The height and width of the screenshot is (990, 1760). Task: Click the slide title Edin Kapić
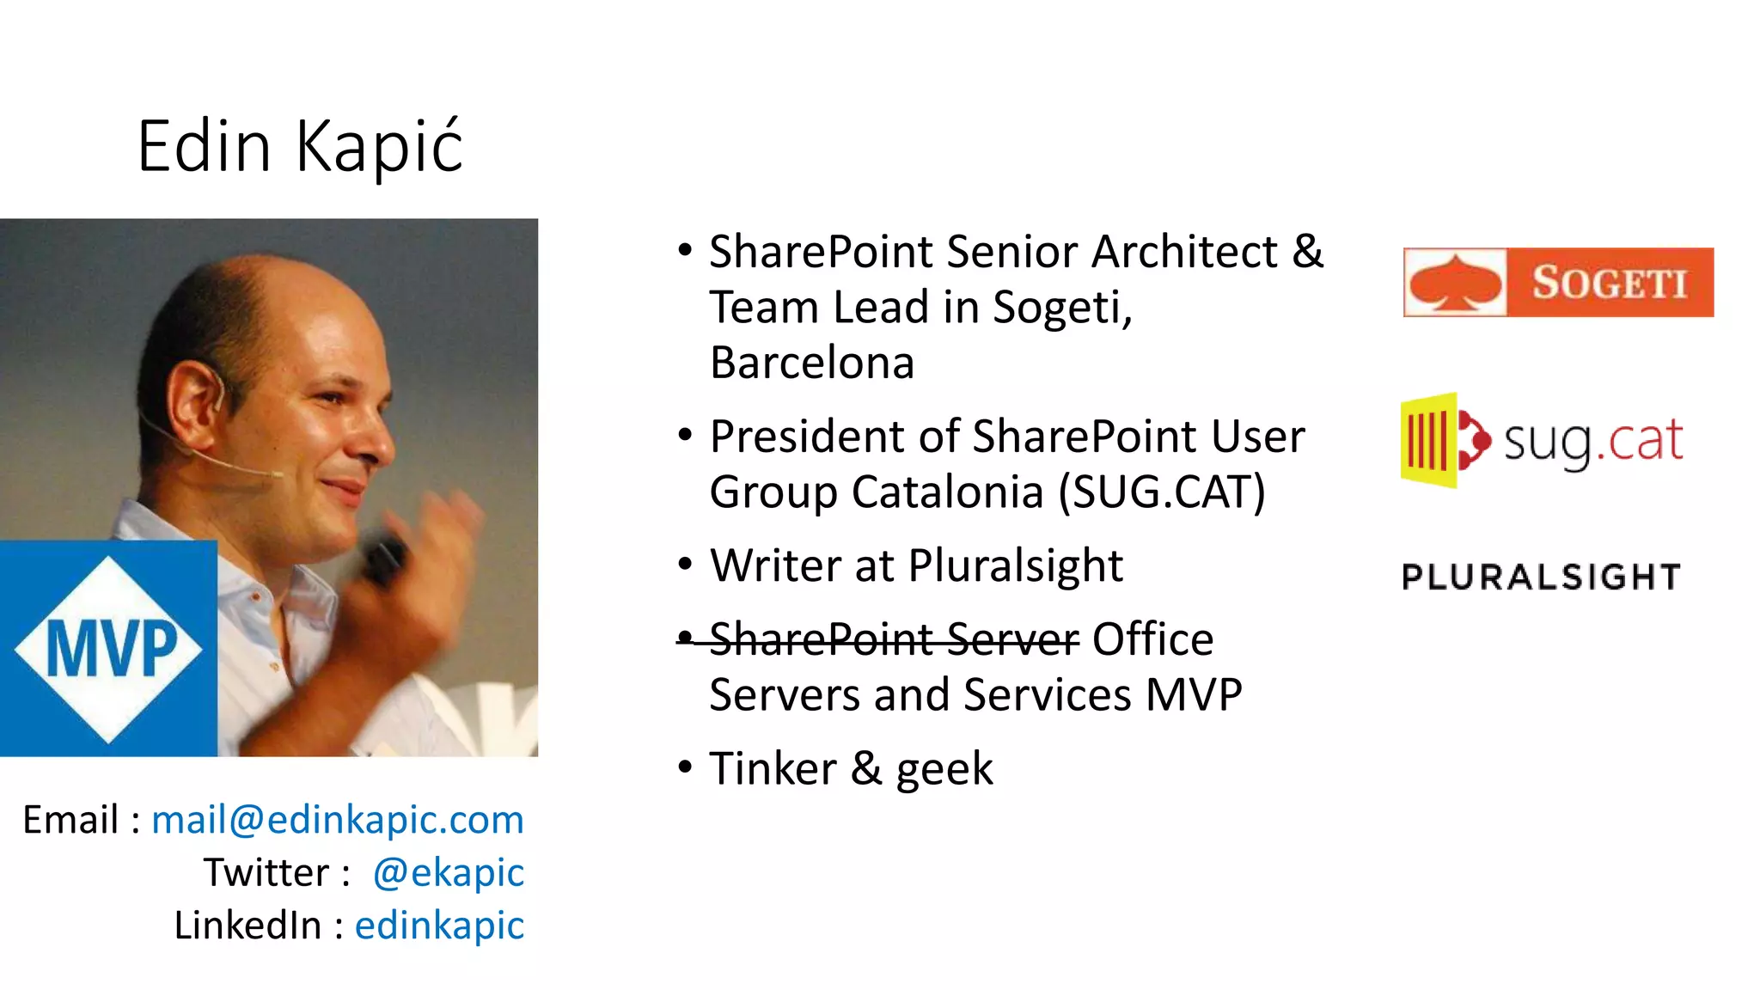click(300, 146)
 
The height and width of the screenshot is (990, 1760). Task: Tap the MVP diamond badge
click(108, 649)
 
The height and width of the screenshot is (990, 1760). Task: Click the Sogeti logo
click(1557, 283)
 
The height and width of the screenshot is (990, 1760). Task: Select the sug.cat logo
click(1542, 441)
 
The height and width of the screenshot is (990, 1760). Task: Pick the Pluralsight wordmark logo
click(1541, 577)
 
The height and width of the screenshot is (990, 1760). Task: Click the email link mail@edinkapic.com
click(337, 820)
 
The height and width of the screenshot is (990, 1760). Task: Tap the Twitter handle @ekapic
click(448, 873)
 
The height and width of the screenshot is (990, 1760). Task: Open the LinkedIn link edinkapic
click(438, 926)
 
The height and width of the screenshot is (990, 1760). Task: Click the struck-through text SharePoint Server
click(894, 639)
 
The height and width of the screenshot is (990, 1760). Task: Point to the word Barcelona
click(811, 363)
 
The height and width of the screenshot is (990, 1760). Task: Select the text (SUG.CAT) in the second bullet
click(1161, 492)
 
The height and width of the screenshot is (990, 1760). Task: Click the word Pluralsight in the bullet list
click(1015, 565)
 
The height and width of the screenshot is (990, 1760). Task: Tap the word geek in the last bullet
click(944, 768)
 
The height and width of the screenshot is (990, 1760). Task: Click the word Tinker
click(773, 768)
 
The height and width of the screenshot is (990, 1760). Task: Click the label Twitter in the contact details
click(266, 873)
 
